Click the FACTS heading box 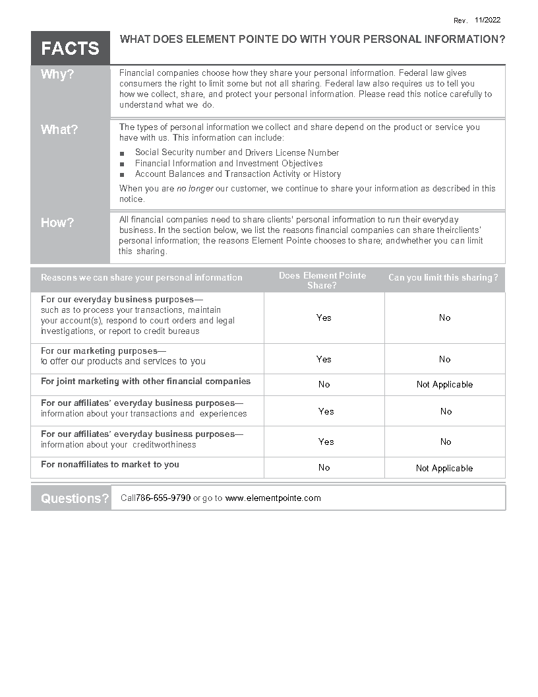[x=70, y=48]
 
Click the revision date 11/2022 [x=487, y=20]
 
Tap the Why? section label [x=57, y=75]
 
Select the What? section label [x=59, y=130]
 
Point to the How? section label [x=57, y=223]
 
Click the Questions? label [x=75, y=498]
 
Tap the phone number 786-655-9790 [x=164, y=498]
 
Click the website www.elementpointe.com [x=273, y=498]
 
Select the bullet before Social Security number [x=122, y=153]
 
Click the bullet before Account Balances [x=122, y=175]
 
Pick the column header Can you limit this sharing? [x=443, y=278]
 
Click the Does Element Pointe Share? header [x=322, y=281]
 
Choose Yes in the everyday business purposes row [x=324, y=318]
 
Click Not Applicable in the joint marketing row [x=444, y=385]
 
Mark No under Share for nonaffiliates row [x=324, y=468]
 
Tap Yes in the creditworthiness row [x=326, y=442]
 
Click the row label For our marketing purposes [x=104, y=351]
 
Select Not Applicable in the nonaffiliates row [x=444, y=469]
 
